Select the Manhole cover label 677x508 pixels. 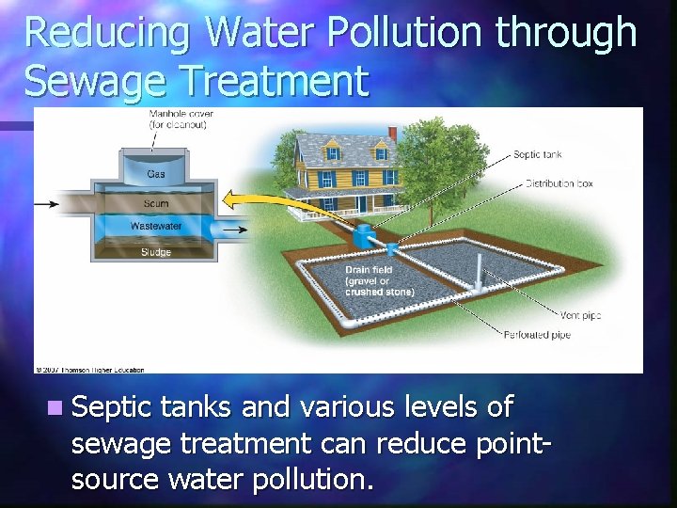coord(181,118)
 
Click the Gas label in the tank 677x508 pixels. coord(155,174)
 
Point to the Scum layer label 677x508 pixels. coord(156,204)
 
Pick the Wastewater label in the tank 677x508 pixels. coord(156,227)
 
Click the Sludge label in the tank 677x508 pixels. coord(156,251)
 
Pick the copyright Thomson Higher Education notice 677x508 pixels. coord(89,369)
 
